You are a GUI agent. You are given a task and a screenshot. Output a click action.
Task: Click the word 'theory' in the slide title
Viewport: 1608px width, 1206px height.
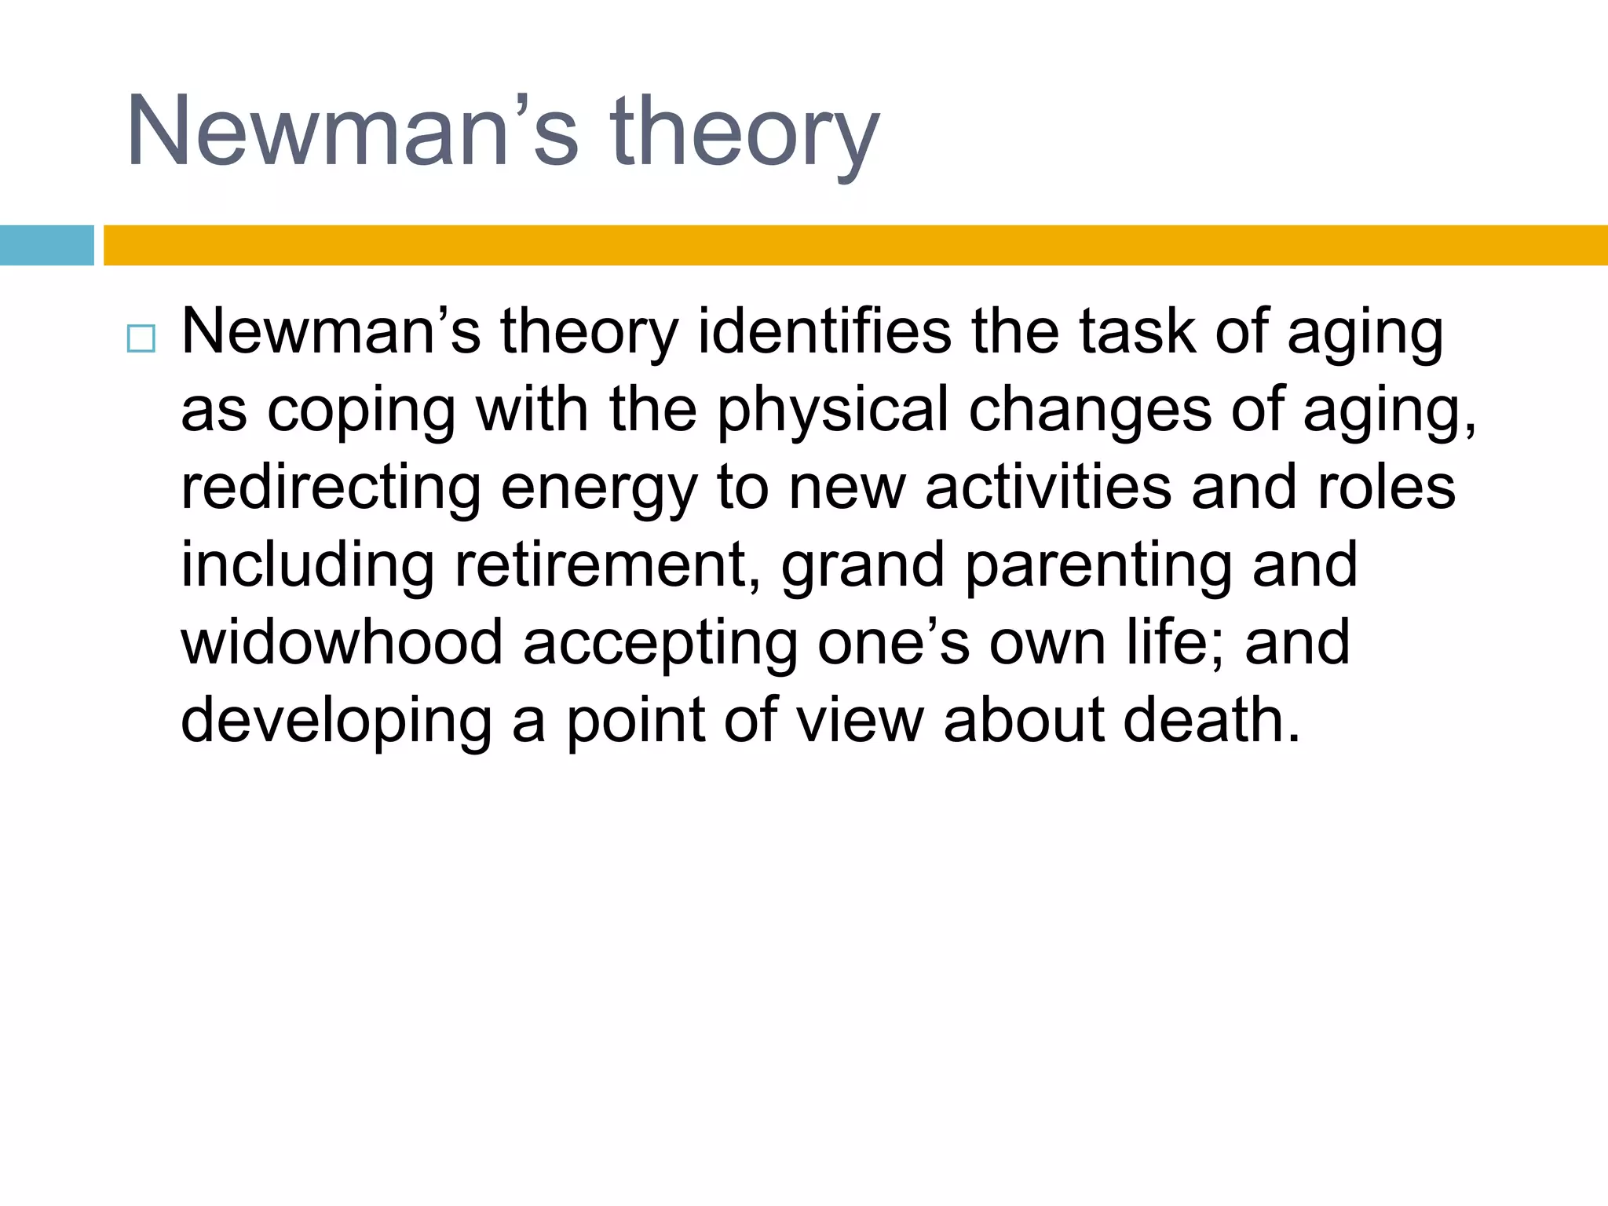[744, 132]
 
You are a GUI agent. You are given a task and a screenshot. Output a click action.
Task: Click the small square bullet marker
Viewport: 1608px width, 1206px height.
[141, 339]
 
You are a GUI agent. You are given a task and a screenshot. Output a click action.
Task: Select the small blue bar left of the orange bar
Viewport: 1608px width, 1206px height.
[46, 245]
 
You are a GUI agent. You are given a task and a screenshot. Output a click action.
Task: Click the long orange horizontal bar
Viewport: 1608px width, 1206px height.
[855, 245]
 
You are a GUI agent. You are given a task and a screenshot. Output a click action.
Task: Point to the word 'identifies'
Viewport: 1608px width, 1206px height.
[824, 331]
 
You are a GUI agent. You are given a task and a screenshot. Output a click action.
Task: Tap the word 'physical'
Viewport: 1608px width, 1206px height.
[832, 411]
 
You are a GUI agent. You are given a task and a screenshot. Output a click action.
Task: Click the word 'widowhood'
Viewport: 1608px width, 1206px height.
[342, 641]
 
